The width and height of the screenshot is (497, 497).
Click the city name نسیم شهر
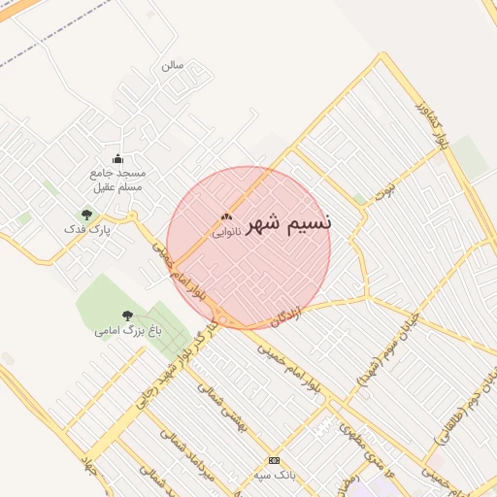pyautogui.click(x=289, y=223)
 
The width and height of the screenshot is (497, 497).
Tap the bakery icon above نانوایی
pyautogui.click(x=226, y=217)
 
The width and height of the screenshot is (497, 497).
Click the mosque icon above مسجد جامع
pyautogui.click(x=117, y=158)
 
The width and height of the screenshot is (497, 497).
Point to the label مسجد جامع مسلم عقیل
pyautogui.click(x=116, y=179)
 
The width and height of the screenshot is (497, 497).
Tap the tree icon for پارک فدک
pyautogui.click(x=86, y=215)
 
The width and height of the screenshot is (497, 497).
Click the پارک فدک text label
pyautogui.click(x=87, y=230)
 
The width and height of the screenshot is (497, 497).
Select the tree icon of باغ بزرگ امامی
pyautogui.click(x=127, y=315)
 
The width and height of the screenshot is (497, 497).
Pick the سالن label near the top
pyautogui.click(x=173, y=66)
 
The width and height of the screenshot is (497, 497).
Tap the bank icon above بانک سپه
pyautogui.click(x=274, y=460)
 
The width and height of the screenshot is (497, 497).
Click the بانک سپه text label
pyautogui.click(x=274, y=476)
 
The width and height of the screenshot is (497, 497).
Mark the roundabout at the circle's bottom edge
pyautogui.click(x=223, y=319)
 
